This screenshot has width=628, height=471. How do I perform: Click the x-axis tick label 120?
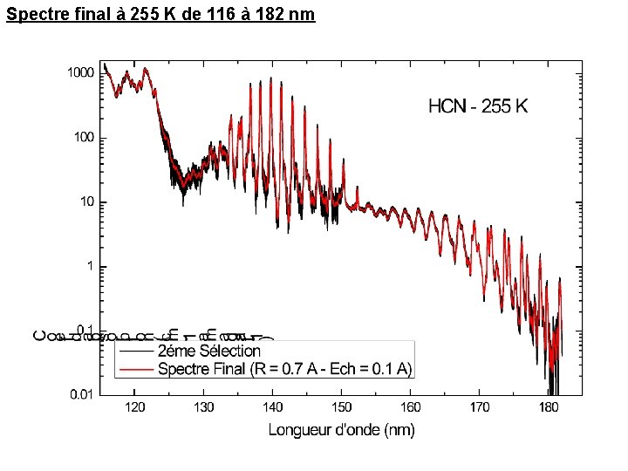coord(134,408)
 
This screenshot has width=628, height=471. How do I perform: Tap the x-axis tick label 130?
coord(203,408)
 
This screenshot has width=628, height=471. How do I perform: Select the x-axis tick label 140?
coord(272,408)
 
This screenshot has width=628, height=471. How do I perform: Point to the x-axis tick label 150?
coord(341,408)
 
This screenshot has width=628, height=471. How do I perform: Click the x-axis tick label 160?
coord(410,408)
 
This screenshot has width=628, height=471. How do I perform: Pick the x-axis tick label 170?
coord(479,408)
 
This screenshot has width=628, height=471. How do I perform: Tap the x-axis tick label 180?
coord(548,408)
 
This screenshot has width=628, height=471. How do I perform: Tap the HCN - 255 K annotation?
coord(478,107)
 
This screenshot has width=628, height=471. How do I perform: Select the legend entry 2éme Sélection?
coord(208,352)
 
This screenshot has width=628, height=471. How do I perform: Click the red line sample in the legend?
coord(135,370)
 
